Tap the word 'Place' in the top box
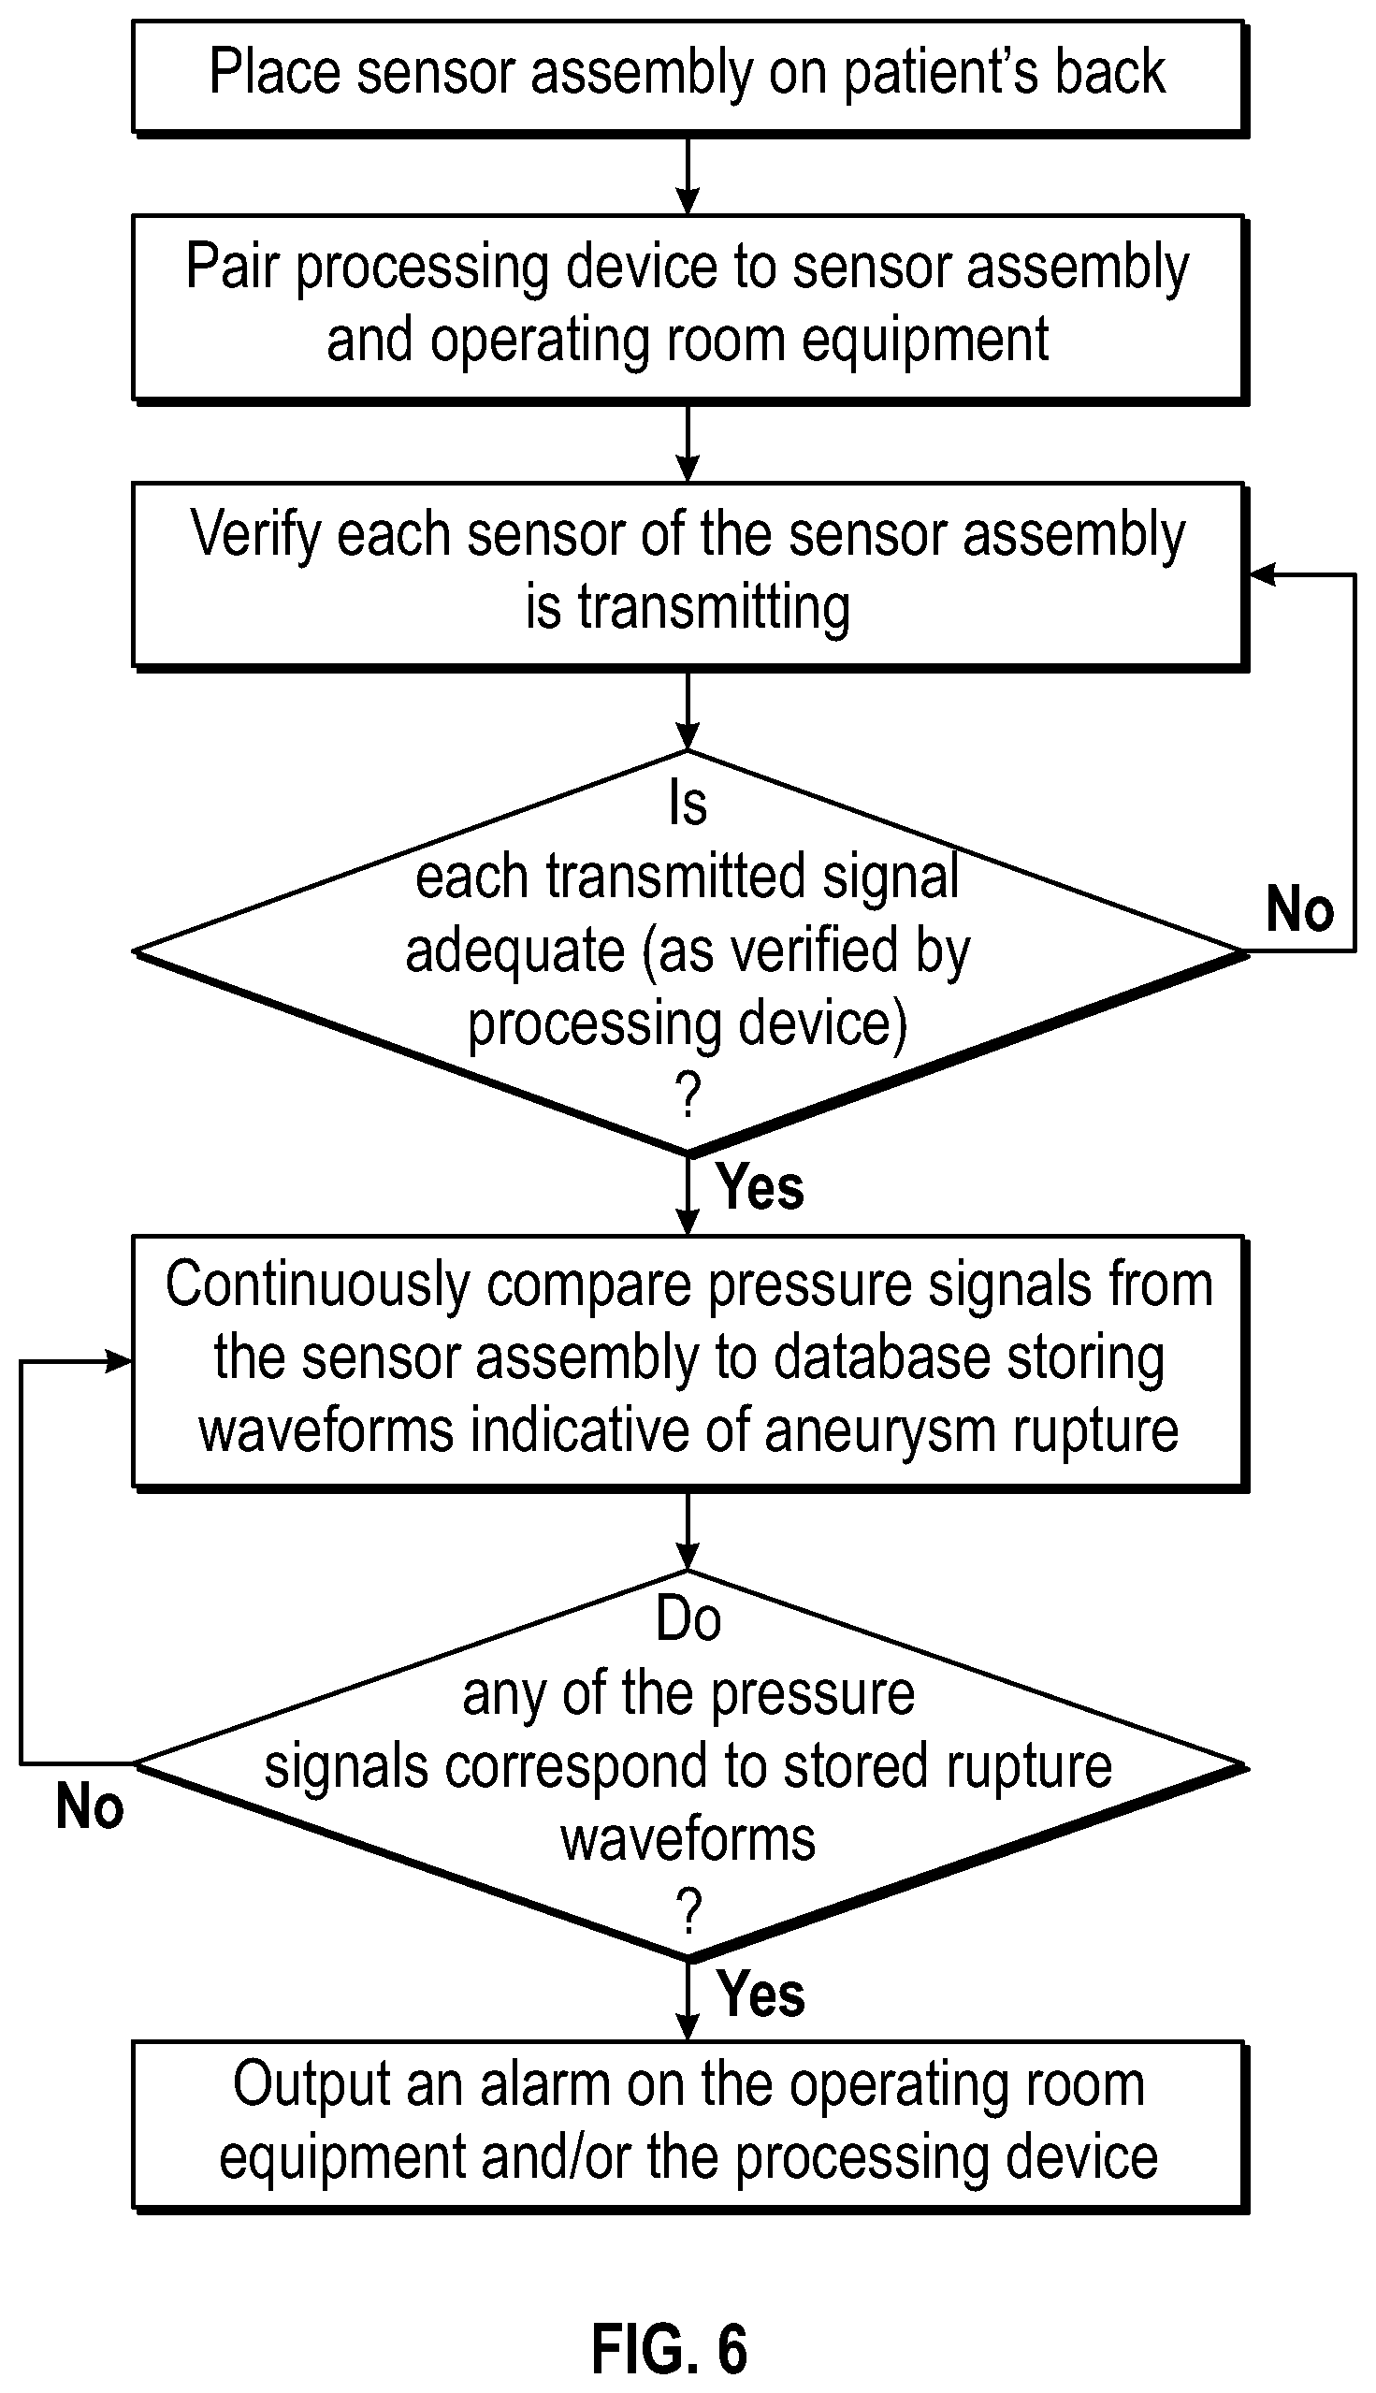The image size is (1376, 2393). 274,72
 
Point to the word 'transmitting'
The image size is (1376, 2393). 714,608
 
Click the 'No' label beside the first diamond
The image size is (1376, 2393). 1299,909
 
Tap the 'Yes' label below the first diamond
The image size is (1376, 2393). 760,1187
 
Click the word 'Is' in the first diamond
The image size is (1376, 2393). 688,804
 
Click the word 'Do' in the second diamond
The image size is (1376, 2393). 688,1619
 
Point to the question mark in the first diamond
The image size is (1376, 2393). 689,1096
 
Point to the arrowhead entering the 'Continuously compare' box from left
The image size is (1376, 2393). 118,1362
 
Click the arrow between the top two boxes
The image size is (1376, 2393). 688,176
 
